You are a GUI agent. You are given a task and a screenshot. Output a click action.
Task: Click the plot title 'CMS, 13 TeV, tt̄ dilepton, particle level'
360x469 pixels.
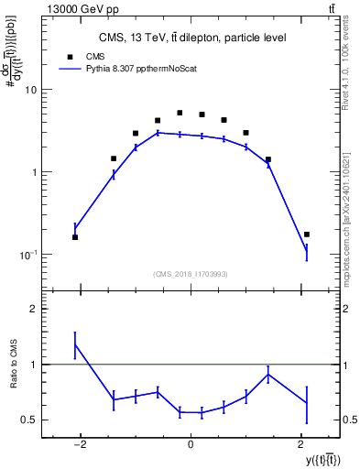(x=192, y=38)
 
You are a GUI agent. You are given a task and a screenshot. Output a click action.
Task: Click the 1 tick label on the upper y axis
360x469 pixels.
(x=35, y=172)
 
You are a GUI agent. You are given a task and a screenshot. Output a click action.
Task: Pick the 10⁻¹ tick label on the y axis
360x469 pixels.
(x=29, y=255)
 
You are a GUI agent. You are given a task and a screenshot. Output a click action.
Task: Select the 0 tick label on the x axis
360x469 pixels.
(x=191, y=445)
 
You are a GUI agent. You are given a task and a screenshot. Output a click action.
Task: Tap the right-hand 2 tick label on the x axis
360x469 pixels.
(x=301, y=445)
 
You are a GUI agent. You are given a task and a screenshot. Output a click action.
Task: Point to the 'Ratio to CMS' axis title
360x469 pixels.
(x=14, y=365)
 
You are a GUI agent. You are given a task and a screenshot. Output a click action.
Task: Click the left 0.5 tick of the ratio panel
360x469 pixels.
(x=31, y=420)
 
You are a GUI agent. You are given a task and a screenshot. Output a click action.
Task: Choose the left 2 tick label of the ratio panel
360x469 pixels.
(x=35, y=310)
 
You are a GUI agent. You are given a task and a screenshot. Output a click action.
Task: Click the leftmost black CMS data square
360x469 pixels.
(x=75, y=237)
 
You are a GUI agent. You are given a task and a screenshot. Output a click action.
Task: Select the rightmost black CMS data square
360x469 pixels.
(x=307, y=234)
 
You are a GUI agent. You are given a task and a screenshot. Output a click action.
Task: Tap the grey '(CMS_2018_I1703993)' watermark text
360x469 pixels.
(x=191, y=274)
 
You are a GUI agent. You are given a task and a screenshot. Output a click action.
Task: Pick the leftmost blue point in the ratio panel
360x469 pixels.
(x=75, y=344)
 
